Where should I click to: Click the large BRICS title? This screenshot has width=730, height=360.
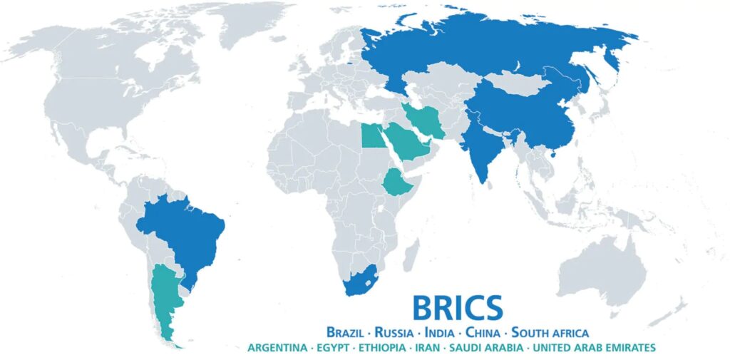[457, 307]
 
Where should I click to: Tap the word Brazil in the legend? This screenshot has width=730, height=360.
[349, 332]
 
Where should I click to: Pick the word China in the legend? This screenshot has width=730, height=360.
[485, 332]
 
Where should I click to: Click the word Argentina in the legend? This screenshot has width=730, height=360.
[278, 348]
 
